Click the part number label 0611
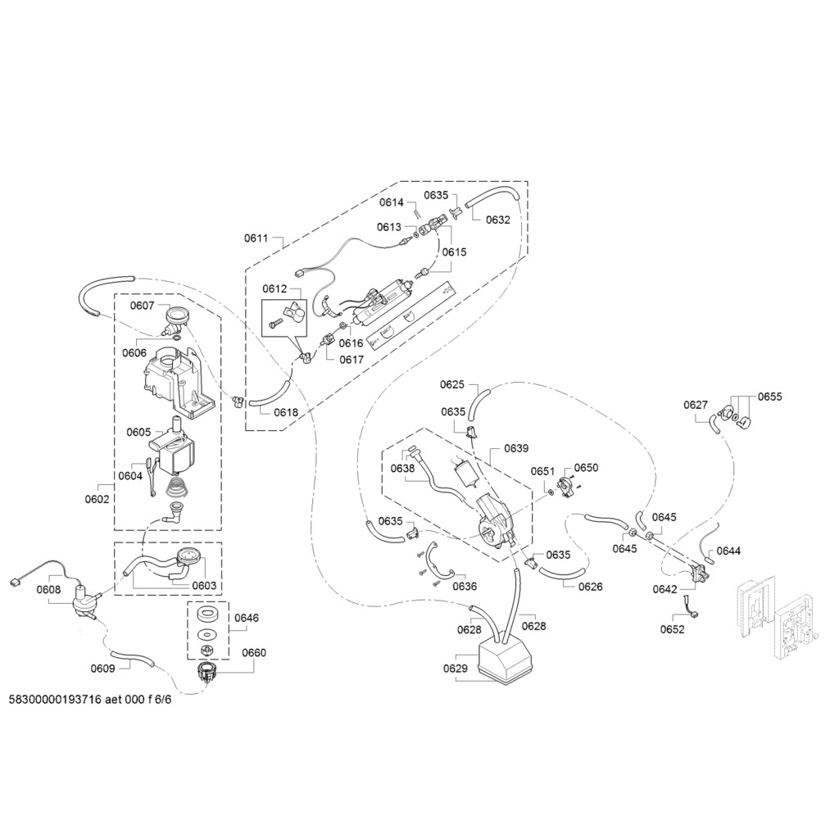tap(256, 238)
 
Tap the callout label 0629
tap(456, 669)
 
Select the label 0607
tap(143, 306)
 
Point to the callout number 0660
tap(253, 653)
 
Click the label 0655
tap(769, 397)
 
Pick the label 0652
tap(673, 630)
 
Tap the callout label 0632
tap(497, 220)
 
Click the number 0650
tap(586, 468)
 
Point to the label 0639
tap(516, 448)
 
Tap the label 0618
tap(286, 413)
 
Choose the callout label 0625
tap(452, 384)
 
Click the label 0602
tap(98, 497)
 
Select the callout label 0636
tap(465, 587)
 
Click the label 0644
tap(728, 551)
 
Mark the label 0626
tap(590, 587)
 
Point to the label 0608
tap(49, 589)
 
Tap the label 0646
tap(247, 618)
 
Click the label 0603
tap(204, 586)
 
